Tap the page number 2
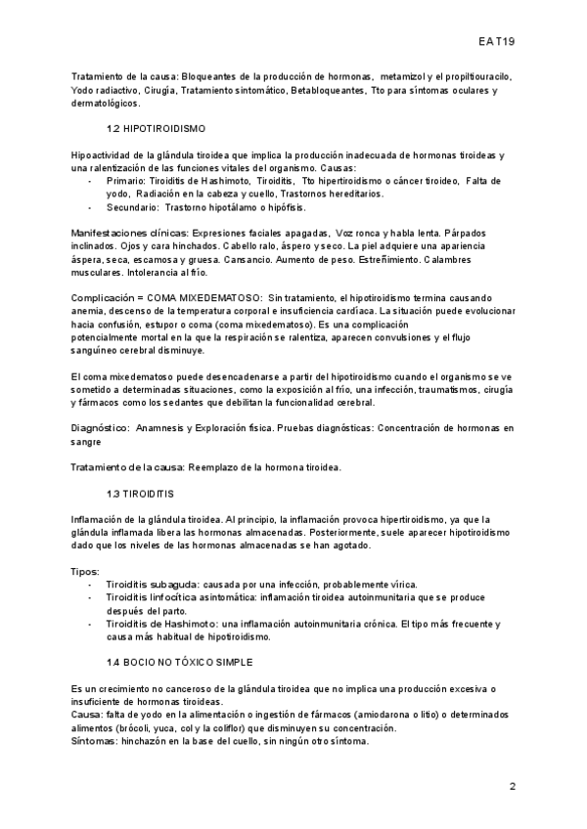[512, 787]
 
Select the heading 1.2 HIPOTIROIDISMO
[156, 129]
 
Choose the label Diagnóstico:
[101, 427]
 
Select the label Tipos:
[87, 570]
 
